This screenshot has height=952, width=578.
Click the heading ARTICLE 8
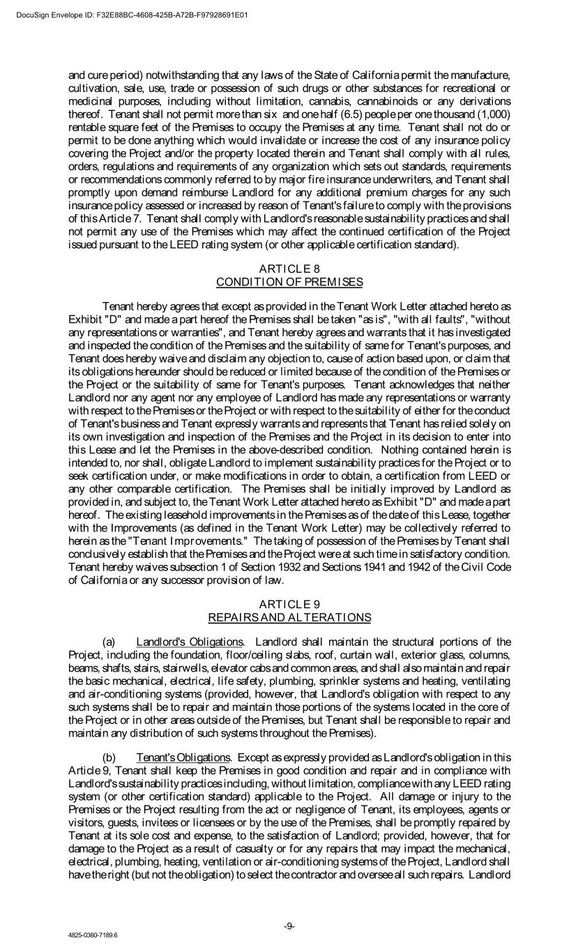(289, 269)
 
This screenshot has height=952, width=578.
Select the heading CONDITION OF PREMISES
(289, 282)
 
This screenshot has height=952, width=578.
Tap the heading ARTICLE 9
(289, 605)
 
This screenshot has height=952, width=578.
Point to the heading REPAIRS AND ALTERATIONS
(289, 617)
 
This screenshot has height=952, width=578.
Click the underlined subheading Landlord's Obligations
(190, 642)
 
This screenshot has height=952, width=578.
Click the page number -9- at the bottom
(289, 925)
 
